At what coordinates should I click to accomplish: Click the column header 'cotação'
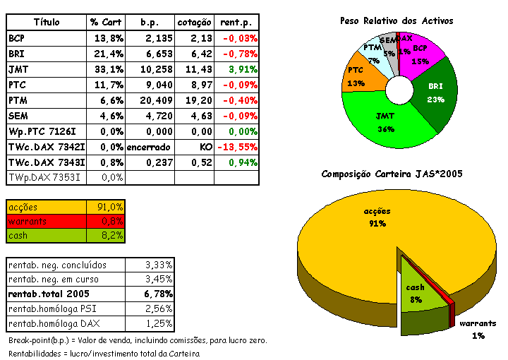[x=193, y=23]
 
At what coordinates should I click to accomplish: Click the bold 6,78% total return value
[x=158, y=294]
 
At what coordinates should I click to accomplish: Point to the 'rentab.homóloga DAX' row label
[x=54, y=323]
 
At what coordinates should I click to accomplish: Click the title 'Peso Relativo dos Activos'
[x=397, y=21]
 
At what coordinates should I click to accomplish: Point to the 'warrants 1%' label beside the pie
[x=478, y=329]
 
